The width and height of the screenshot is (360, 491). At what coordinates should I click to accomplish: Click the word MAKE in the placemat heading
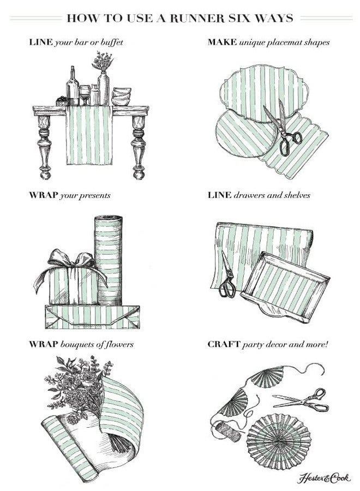222,42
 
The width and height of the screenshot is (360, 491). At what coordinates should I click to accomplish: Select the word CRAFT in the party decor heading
224,344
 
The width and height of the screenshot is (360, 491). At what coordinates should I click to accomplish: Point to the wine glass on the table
85,95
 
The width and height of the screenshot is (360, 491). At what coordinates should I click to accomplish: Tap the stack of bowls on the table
121,97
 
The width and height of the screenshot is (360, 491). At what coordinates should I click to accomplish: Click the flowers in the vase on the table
103,61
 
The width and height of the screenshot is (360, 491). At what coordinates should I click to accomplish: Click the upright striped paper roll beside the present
109,260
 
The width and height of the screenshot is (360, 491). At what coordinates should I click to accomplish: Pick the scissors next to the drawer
228,274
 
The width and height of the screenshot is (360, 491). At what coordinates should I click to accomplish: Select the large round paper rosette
279,438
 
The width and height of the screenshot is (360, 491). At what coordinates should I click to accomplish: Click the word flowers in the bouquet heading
119,344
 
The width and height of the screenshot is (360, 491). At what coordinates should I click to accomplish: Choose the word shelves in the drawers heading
297,195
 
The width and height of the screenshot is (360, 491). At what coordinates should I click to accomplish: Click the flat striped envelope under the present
92,317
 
